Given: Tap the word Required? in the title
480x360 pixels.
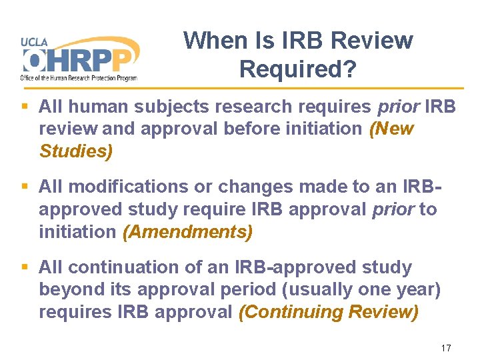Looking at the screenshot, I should pyautogui.click(x=298, y=68).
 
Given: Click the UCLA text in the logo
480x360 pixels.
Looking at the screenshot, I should pyautogui.click(x=35, y=41).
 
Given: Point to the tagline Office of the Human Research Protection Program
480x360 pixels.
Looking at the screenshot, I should pyautogui.click(x=79, y=78).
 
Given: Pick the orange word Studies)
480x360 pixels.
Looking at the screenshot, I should pyautogui.click(x=76, y=151).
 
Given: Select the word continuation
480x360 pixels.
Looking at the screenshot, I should pyautogui.click(x=125, y=268).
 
